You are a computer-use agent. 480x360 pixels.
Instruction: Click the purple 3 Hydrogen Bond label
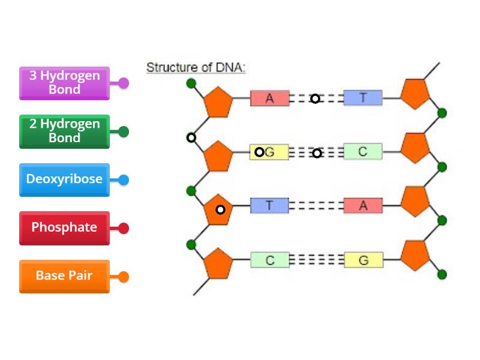click(x=65, y=83)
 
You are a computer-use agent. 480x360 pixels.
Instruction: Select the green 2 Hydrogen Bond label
click(x=65, y=131)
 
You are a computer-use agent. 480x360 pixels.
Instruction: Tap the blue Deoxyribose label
click(x=65, y=179)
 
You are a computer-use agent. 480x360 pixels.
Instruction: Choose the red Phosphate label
click(x=65, y=227)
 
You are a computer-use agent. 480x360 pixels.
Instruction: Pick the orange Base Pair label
click(x=65, y=276)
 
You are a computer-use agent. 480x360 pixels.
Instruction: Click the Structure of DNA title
click(x=196, y=67)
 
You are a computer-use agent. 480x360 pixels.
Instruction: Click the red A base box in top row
click(x=269, y=98)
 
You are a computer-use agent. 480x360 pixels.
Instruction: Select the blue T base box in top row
click(x=362, y=98)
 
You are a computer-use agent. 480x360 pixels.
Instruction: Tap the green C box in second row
click(x=362, y=152)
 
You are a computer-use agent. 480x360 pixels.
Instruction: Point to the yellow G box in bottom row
click(x=363, y=260)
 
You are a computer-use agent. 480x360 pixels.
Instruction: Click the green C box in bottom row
click(x=269, y=260)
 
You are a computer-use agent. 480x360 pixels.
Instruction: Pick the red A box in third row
click(x=362, y=206)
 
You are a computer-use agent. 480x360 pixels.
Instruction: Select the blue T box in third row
click(x=269, y=206)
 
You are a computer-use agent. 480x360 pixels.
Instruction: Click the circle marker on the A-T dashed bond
click(x=315, y=98)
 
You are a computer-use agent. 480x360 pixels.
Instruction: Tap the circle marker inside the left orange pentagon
click(x=220, y=209)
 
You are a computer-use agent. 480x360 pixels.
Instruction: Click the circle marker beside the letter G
click(x=259, y=152)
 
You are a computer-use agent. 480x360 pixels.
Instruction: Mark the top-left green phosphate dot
click(x=191, y=83)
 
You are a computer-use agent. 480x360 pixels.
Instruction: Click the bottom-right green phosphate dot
click(x=442, y=274)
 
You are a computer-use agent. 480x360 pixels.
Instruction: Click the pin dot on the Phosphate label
click(x=124, y=228)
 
